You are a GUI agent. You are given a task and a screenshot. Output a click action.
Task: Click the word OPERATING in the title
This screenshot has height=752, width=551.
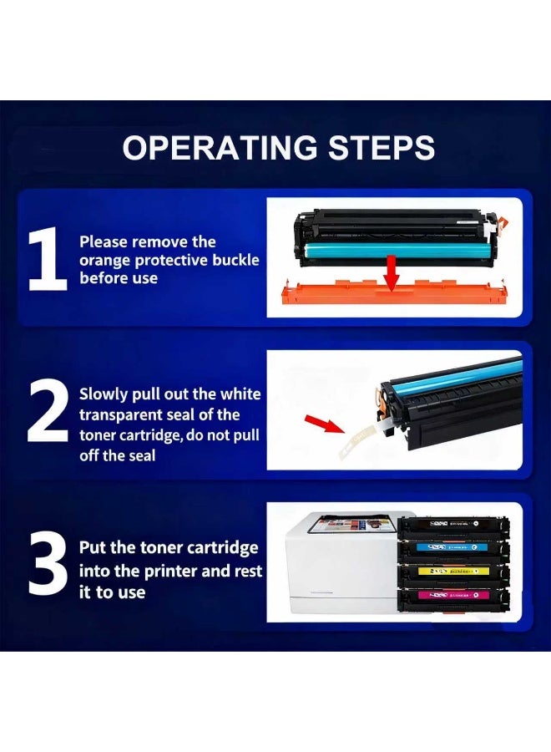coord(220,147)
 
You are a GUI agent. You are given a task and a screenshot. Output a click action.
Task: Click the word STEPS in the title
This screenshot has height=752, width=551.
coord(382,147)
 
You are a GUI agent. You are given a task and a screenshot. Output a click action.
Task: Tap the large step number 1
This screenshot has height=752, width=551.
coord(48,260)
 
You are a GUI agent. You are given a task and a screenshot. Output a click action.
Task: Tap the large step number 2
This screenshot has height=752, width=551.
coord(48,410)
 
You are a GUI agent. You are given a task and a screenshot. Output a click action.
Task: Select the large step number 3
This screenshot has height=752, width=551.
coord(48,564)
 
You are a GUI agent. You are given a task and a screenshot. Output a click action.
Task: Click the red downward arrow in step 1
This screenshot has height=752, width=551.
coord(392,272)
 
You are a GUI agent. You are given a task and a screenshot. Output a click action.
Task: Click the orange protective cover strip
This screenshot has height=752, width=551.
coord(393,292)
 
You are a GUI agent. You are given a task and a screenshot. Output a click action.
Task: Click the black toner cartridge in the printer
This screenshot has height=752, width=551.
coord(453,526)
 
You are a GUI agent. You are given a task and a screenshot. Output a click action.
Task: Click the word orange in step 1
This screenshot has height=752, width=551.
coord(104,261)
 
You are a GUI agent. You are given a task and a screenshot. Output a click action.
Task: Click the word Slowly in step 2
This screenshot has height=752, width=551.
coord(104,394)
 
